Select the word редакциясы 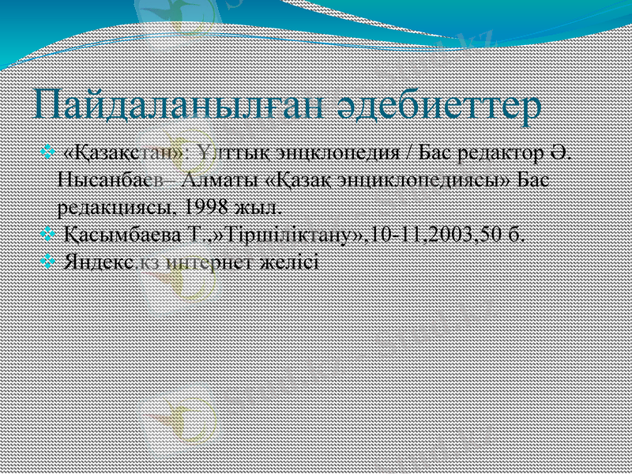pos(117,207)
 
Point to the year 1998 pos(208,207)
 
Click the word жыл pos(258,207)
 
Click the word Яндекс pos(98,261)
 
